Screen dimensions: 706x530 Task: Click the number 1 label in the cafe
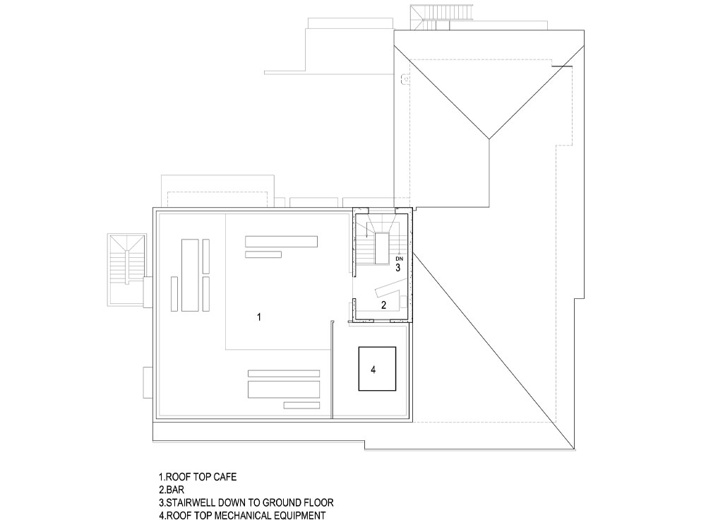click(259, 317)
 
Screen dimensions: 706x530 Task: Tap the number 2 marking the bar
click(383, 305)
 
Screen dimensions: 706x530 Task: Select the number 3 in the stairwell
click(398, 268)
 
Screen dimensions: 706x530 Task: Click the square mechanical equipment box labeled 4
click(377, 369)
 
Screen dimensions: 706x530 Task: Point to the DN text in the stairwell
click(399, 259)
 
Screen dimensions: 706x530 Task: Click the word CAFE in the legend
click(225, 477)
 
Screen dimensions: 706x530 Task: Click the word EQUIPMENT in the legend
click(295, 515)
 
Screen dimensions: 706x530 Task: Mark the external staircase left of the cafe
click(127, 269)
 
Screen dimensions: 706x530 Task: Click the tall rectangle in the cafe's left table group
click(190, 275)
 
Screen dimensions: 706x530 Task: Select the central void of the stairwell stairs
click(381, 248)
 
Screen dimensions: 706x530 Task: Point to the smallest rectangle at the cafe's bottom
click(301, 405)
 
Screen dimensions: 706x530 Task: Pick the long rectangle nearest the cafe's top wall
click(281, 242)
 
